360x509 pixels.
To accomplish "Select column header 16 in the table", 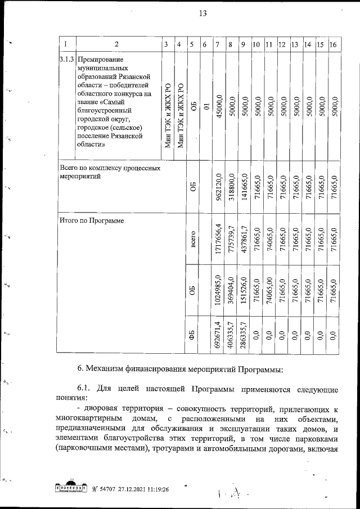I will click(x=333, y=44).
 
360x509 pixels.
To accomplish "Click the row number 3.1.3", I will click(x=66, y=59).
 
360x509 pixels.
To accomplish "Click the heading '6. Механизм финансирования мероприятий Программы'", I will click(x=180, y=369).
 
